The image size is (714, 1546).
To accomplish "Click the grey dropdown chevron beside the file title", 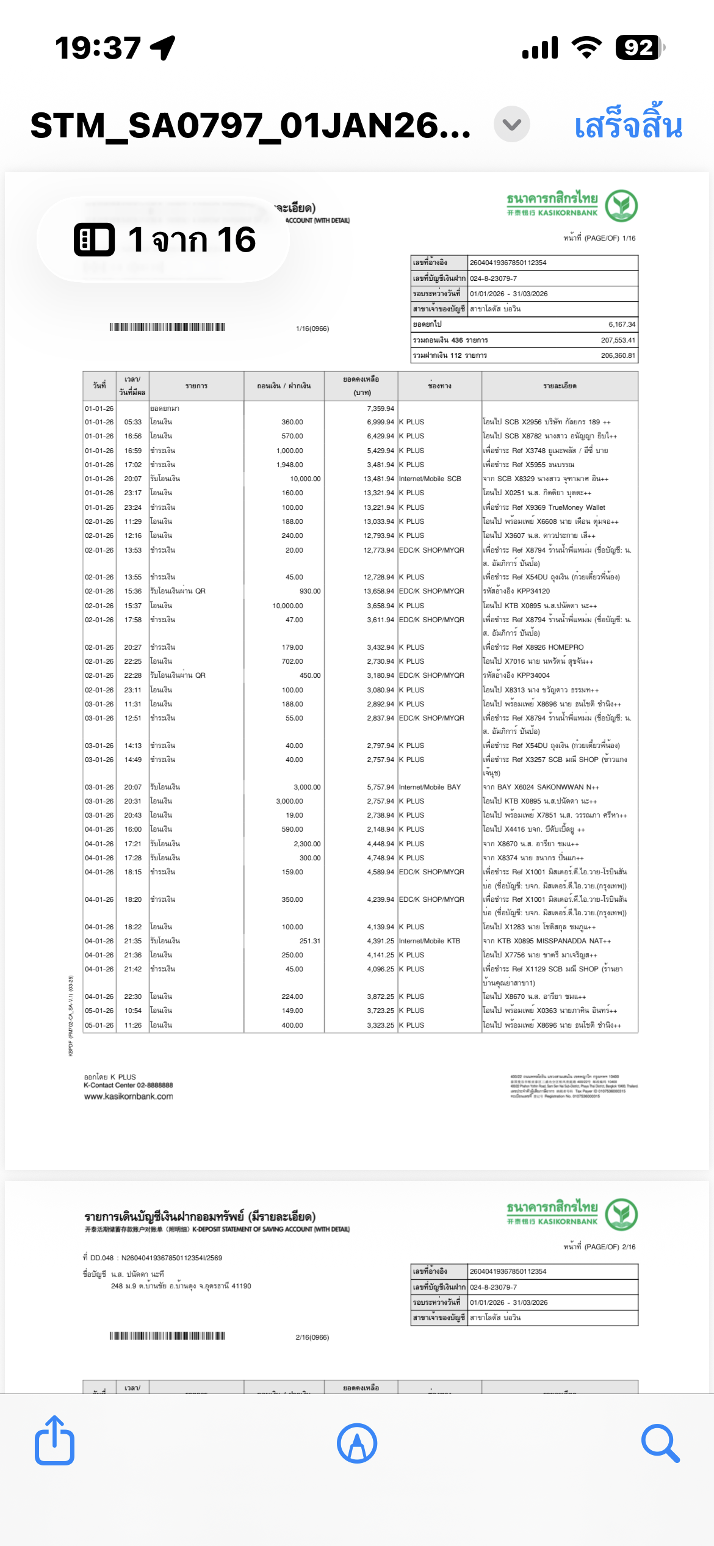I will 511,125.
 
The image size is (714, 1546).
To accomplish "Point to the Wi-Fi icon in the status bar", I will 586,48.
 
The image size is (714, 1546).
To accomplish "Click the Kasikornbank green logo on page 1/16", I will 621,206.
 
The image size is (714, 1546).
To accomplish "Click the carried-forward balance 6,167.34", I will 621,324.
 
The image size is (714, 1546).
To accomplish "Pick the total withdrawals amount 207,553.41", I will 618,340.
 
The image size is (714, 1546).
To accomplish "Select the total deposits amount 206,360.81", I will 618,355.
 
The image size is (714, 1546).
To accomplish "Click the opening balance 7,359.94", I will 380,408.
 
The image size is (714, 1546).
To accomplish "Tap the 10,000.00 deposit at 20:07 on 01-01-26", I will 305,479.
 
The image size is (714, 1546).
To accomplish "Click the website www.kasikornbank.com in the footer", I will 128,1096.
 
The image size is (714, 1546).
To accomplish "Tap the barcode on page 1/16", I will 167,327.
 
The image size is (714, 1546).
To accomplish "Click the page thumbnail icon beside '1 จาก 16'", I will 94,239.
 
